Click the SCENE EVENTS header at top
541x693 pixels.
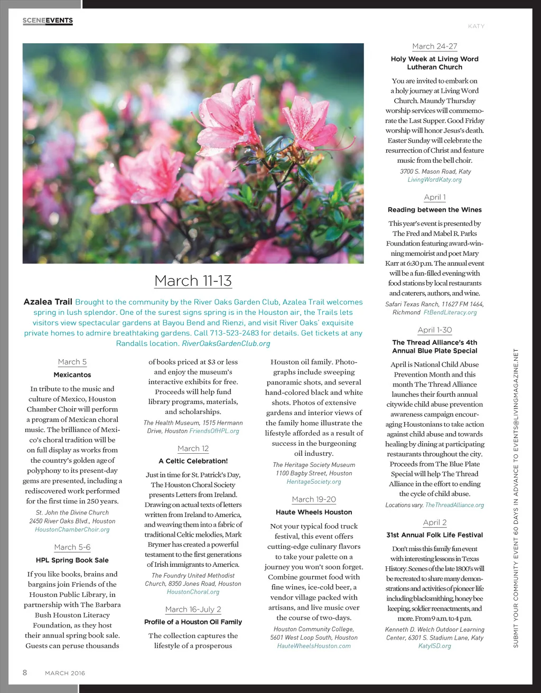tap(48, 21)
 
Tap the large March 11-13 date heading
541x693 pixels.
tap(193, 280)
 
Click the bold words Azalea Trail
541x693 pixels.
tap(48, 302)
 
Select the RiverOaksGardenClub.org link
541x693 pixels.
tap(226, 343)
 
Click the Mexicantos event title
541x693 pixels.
tap(72, 375)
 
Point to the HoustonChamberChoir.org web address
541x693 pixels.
tap(72, 529)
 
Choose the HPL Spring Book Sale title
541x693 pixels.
tap(72, 560)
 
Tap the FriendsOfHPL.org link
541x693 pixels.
tap(214, 431)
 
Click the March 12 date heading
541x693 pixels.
tap(193, 448)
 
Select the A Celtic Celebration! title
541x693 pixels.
tap(193, 461)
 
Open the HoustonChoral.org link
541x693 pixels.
tap(193, 592)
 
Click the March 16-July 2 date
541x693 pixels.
tap(193, 609)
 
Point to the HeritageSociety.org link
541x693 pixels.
tap(314, 482)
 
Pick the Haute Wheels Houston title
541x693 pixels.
tap(314, 512)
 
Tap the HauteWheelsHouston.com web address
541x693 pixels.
tap(314, 646)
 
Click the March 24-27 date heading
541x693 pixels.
tap(434, 46)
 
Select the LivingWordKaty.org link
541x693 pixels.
tap(434, 180)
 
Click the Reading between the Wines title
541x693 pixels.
tap(434, 210)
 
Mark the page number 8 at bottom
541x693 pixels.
tap(25, 672)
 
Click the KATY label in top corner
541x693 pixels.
tap(476, 26)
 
